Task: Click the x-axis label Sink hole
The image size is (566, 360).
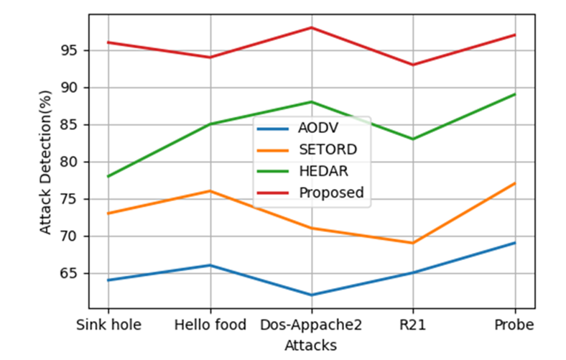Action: (108, 325)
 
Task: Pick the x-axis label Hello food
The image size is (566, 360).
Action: (210, 325)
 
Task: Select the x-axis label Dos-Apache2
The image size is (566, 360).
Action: (312, 325)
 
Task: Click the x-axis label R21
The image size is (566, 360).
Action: (413, 325)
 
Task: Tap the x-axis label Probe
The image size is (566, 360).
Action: (515, 325)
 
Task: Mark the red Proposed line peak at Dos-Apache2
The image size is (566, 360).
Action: (312, 27)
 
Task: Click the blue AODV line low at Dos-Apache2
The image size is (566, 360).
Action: (312, 295)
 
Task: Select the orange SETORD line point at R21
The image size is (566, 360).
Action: (413, 243)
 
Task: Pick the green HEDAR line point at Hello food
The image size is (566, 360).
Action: (210, 124)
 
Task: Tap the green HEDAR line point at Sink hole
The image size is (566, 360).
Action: (108, 176)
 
